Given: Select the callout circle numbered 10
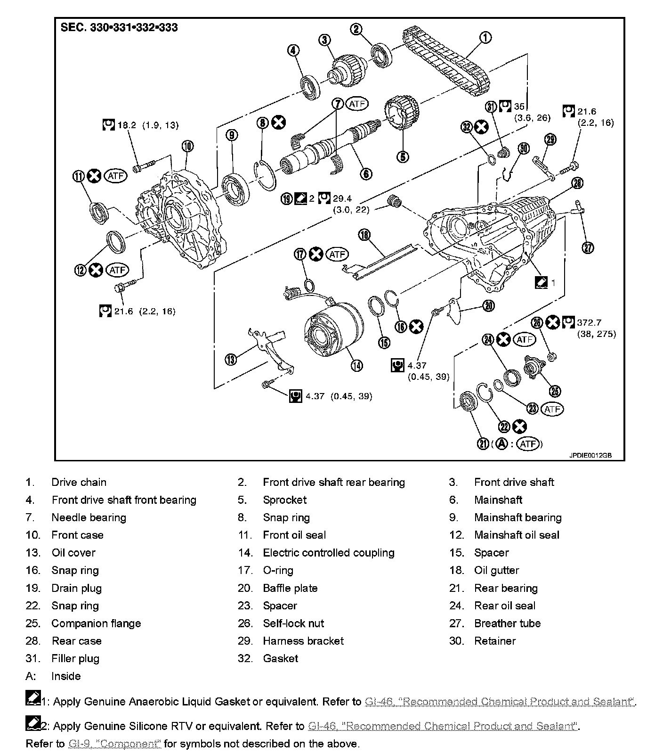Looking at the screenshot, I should click(187, 146).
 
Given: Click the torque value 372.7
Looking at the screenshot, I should click(589, 323).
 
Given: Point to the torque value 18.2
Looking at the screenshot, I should click(126, 125).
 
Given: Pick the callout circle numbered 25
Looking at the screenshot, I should click(556, 391).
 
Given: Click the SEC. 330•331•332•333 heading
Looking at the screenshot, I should click(119, 27).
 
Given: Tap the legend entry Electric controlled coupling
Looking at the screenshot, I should click(328, 553).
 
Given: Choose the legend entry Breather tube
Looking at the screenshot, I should click(507, 623).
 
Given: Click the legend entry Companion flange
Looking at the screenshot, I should click(96, 623).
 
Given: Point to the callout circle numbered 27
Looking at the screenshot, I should click(588, 247).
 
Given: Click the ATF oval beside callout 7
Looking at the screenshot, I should click(356, 104).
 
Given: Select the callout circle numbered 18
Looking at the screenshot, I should click(364, 235).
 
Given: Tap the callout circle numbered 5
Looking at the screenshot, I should click(403, 156).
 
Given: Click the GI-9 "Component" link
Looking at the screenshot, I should click(115, 744).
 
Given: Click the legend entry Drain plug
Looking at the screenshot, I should click(76, 588).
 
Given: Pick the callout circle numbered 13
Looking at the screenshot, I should click(231, 360).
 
